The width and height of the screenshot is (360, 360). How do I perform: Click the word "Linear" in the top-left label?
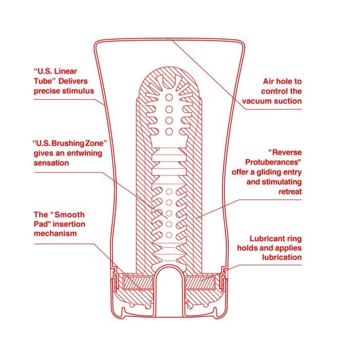[x=65, y=71]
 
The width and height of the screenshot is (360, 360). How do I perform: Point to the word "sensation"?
[x=51, y=163]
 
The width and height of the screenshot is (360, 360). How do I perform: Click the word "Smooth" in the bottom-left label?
[x=69, y=214]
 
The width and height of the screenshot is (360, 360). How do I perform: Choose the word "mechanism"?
[x=55, y=233]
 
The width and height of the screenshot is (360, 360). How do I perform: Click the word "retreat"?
[x=290, y=191]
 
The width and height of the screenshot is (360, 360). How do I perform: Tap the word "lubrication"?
[x=282, y=257]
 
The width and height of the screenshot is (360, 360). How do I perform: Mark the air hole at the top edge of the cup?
[x=168, y=40]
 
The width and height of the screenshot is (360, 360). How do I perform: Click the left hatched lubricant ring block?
[x=138, y=283]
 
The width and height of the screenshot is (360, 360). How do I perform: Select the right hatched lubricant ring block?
[x=200, y=283]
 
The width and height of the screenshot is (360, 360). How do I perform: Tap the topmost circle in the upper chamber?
[x=169, y=97]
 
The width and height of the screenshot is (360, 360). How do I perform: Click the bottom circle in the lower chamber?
[x=169, y=235]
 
